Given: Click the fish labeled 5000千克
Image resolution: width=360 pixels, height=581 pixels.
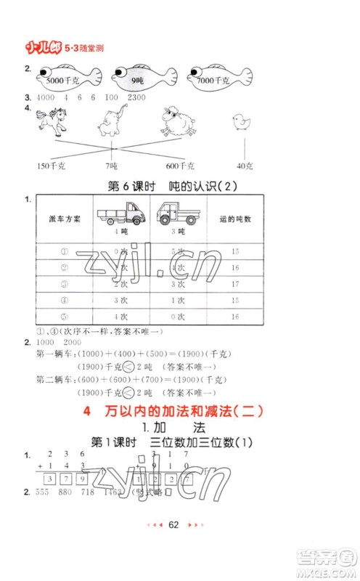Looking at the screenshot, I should (x=62, y=76).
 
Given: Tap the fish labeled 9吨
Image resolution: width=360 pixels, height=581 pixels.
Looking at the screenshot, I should (x=135, y=76).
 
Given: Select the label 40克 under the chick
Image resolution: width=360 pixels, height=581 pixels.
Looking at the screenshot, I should (x=245, y=167).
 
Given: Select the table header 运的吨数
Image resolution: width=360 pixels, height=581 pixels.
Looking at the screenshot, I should (x=234, y=219).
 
